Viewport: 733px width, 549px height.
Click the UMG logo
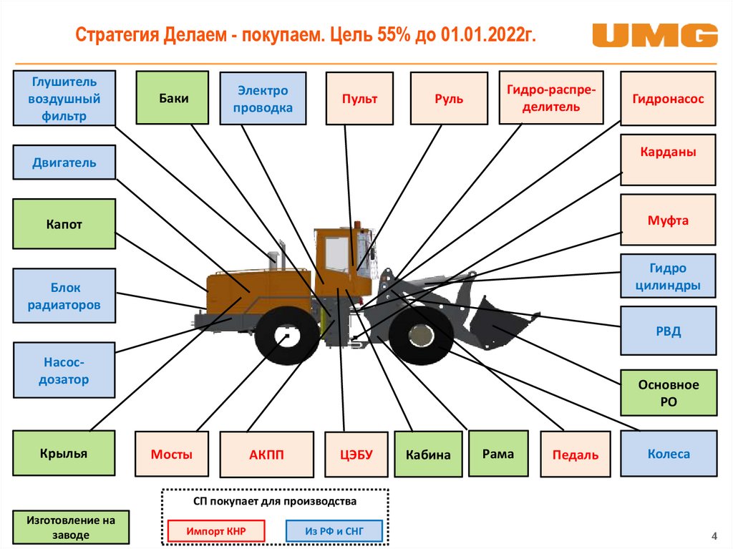[655, 36]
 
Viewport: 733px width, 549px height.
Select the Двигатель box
[64, 162]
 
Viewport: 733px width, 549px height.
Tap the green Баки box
[173, 98]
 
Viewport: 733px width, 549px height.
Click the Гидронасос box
[668, 99]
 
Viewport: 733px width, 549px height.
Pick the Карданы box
[668, 160]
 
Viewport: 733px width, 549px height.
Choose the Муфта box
[668, 220]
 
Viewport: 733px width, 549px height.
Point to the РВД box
[669, 331]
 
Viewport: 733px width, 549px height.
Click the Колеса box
[669, 454]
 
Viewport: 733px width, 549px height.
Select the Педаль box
[576, 454]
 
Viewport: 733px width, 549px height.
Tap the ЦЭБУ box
[356, 455]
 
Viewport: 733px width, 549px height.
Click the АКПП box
[266, 455]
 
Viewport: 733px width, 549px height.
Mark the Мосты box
[172, 454]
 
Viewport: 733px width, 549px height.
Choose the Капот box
[64, 224]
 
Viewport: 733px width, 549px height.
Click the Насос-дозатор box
[64, 370]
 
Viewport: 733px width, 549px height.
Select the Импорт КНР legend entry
[216, 531]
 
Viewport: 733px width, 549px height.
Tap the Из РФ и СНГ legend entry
[334, 531]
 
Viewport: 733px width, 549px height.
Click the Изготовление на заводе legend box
[71, 527]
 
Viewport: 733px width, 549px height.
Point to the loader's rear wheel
[286, 336]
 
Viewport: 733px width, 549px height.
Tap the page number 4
[714, 536]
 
